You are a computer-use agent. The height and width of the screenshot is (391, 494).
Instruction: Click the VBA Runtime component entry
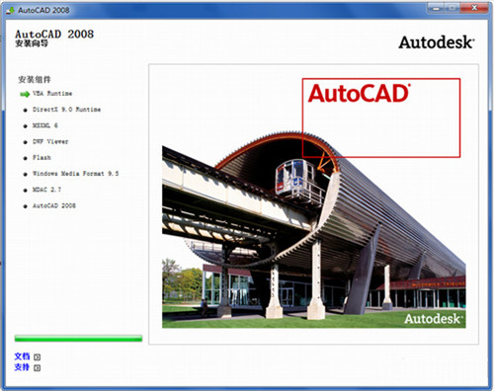[52, 94]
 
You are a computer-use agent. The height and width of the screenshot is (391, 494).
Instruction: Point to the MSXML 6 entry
[46, 125]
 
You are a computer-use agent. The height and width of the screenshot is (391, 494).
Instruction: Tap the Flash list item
[42, 157]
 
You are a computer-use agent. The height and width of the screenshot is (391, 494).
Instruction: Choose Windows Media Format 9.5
[75, 173]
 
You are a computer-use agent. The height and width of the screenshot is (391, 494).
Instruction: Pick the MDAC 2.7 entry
[48, 189]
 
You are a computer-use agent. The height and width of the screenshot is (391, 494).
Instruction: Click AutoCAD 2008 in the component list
[54, 205]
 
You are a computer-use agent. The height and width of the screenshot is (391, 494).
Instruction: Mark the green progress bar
[78, 338]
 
